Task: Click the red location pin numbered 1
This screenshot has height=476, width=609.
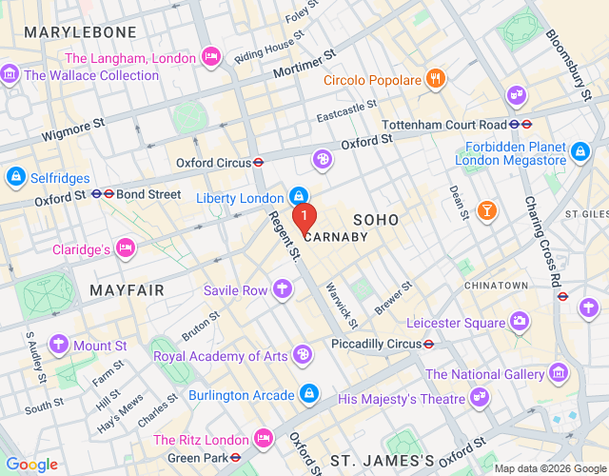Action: [x=304, y=218]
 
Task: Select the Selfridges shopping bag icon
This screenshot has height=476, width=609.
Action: [x=15, y=178]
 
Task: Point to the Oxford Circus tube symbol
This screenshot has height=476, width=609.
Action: [x=259, y=163]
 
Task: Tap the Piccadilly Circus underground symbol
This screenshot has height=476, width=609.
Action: [x=429, y=344]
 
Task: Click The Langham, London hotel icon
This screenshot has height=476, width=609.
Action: [x=212, y=58]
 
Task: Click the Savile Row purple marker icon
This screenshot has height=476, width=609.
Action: [x=283, y=289]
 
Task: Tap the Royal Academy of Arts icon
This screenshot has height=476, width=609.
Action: [x=303, y=356]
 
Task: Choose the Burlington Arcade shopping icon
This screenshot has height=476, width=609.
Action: [x=308, y=392]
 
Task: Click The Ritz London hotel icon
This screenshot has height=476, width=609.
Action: [x=264, y=440]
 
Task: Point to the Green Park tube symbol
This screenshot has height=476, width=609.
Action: [x=235, y=457]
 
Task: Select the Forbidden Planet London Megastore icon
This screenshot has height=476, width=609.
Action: [x=580, y=151]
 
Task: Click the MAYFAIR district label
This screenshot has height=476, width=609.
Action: [x=127, y=289]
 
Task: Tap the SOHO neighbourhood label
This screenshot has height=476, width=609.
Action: [x=376, y=220]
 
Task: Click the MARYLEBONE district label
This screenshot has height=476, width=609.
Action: [x=68, y=33]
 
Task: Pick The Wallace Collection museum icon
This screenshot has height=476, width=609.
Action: [x=10, y=74]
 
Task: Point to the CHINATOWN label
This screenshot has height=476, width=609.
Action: [x=496, y=286]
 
